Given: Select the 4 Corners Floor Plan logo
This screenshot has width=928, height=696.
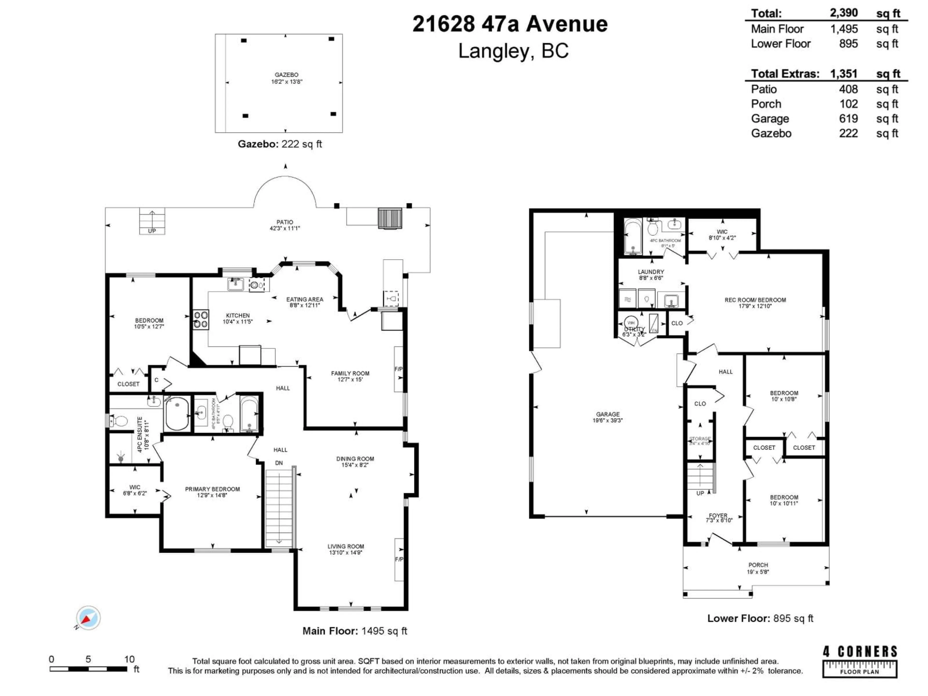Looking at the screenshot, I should coord(860,662).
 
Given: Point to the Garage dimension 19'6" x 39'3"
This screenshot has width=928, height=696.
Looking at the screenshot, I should coord(608,420).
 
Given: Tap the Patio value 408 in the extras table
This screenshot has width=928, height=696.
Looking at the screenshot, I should coord(848,89).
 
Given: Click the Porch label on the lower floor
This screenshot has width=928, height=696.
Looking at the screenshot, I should coord(758,565).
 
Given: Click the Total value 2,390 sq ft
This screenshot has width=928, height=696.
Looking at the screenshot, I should coord(844,13).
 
